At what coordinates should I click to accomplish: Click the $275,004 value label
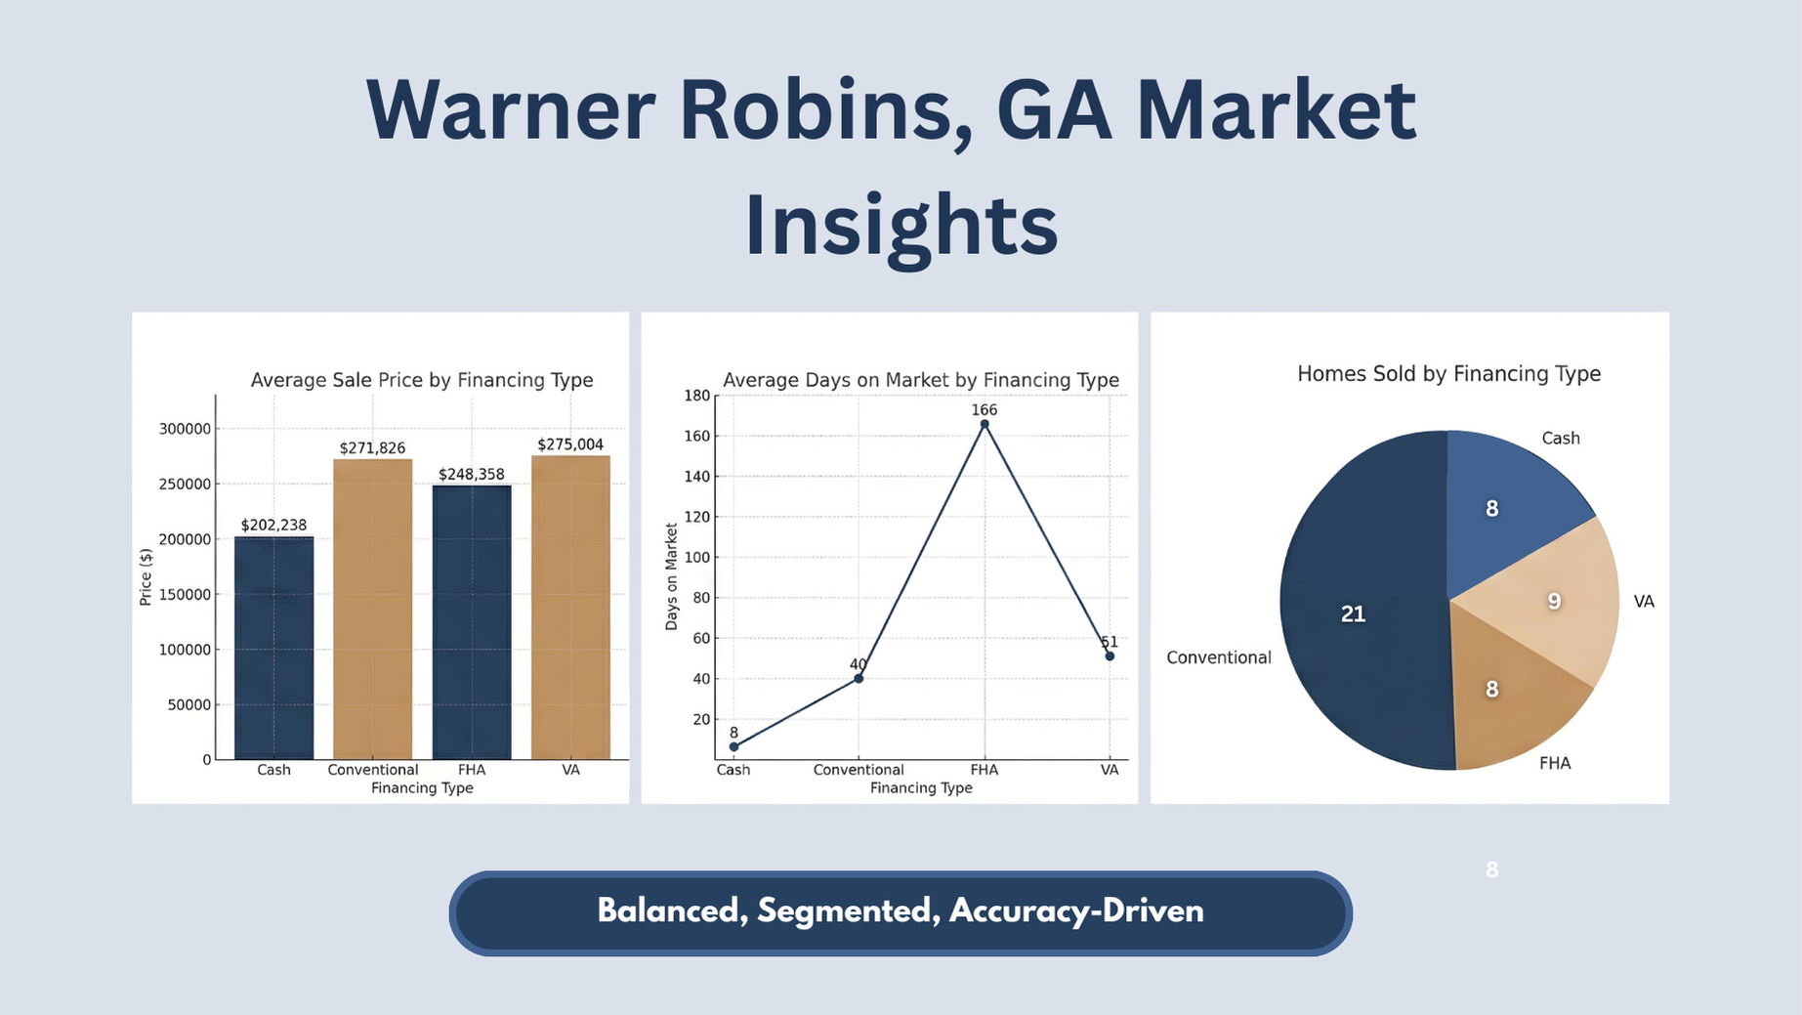(x=570, y=444)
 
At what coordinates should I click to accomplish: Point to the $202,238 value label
(x=273, y=526)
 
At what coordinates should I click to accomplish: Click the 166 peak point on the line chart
(x=985, y=424)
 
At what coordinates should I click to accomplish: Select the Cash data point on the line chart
(x=733, y=747)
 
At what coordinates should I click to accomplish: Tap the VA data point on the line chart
(x=1110, y=656)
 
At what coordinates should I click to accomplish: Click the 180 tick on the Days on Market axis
(x=697, y=396)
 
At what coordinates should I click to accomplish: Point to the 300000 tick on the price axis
(x=185, y=429)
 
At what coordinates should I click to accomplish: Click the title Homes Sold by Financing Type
(x=1448, y=374)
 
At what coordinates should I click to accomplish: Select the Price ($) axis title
(x=146, y=576)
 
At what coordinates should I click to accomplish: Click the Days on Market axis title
(x=671, y=576)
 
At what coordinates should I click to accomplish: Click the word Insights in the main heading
(x=901, y=226)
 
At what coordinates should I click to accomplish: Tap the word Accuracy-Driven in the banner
(x=1076, y=911)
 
